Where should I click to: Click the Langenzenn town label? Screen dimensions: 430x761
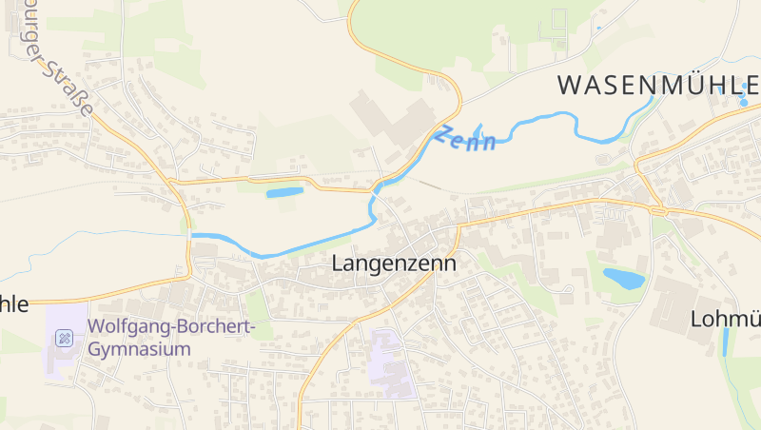pyautogui.click(x=394, y=264)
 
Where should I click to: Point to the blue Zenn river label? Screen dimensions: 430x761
pyautogui.click(x=466, y=139)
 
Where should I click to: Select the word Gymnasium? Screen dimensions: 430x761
pyautogui.click(x=139, y=349)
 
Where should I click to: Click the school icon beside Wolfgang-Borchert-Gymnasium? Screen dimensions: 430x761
pyautogui.click(x=64, y=338)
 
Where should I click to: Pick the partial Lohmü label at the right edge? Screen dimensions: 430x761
pyautogui.click(x=725, y=319)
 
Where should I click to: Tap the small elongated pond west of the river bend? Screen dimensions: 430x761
pyautogui.click(x=284, y=192)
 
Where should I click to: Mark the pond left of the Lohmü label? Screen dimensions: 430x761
pyautogui.click(x=623, y=279)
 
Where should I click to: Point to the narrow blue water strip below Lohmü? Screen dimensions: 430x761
pyautogui.click(x=725, y=342)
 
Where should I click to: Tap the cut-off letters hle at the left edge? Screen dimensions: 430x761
pyautogui.click(x=13, y=304)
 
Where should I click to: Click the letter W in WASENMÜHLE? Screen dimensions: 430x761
pyautogui.click(x=569, y=85)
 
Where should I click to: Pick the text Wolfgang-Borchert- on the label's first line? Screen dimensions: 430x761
pyautogui.click(x=172, y=327)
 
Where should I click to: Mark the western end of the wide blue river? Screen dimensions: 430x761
pyautogui.click(x=196, y=235)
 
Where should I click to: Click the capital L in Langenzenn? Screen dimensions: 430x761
pyautogui.click(x=338, y=264)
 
